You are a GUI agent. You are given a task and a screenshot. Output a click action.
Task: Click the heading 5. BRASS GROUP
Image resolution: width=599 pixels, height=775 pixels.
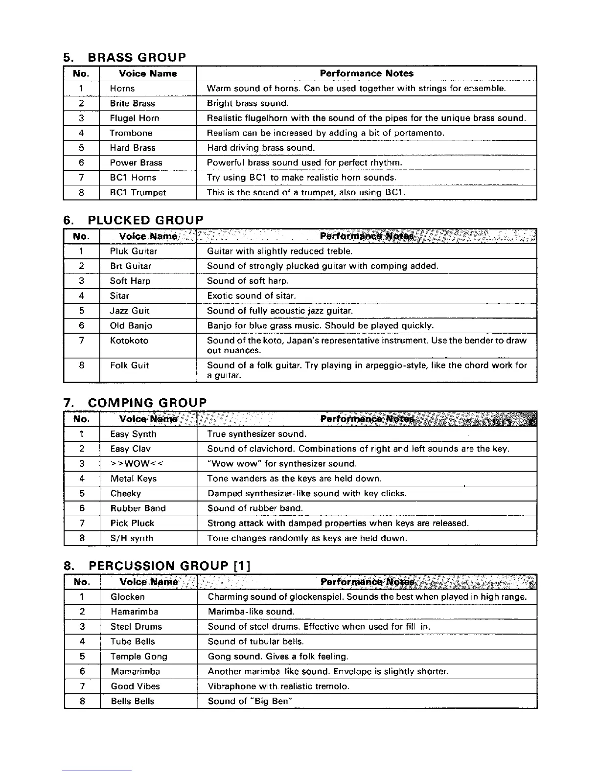pyautogui.click(x=125, y=57)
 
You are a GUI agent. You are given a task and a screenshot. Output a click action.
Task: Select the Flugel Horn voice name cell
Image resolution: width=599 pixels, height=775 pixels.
pyautogui.click(x=135, y=118)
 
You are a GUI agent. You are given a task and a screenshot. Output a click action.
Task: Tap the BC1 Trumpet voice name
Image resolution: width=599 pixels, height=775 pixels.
pyautogui.click(x=138, y=193)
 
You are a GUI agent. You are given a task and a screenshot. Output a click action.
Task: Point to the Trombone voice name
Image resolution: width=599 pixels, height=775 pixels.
pyautogui.click(x=131, y=133)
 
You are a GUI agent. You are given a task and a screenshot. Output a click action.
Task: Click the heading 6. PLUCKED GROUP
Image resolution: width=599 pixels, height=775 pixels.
pyautogui.click(x=133, y=220)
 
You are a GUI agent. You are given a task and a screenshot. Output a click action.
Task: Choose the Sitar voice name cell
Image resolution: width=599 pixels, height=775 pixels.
pyautogui.click(x=120, y=296)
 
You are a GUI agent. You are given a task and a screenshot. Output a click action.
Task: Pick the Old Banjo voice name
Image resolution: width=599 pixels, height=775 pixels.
pyautogui.click(x=131, y=326)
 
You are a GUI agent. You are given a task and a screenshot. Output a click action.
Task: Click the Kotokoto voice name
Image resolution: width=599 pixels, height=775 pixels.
pyautogui.click(x=129, y=341)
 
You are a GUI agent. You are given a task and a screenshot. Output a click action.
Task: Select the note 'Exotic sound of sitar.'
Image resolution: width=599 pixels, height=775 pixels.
pyautogui.click(x=252, y=296)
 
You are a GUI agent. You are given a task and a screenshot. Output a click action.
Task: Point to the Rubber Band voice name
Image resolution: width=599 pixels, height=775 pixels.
pyautogui.click(x=138, y=508)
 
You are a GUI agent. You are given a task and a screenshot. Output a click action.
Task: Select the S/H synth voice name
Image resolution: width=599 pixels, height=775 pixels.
pyautogui.click(x=132, y=538)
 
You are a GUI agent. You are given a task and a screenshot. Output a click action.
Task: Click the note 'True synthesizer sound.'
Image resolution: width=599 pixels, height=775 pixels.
pyautogui.click(x=257, y=434)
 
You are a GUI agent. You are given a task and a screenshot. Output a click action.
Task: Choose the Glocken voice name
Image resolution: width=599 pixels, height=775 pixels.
pyautogui.click(x=128, y=597)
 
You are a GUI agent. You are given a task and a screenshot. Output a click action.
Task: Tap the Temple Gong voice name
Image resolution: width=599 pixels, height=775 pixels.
pyautogui.click(x=139, y=657)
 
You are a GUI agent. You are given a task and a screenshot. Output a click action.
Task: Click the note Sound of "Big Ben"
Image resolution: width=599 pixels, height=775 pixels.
pyautogui.click(x=251, y=701)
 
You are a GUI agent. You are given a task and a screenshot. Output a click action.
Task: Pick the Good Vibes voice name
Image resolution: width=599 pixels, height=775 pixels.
pyautogui.click(x=135, y=686)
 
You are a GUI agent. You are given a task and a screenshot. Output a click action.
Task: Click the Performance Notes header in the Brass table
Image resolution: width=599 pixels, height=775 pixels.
pyautogui.click(x=367, y=73)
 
